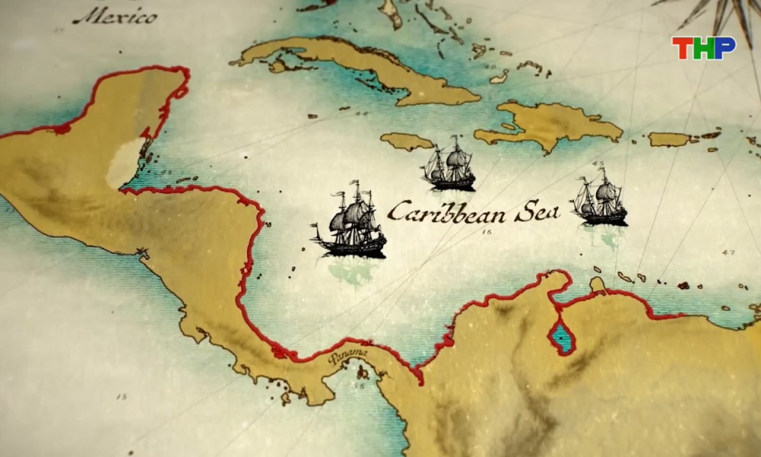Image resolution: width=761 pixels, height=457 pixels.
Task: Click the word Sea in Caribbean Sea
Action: (538, 212)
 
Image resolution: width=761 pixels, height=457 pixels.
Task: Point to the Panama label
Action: (348, 358)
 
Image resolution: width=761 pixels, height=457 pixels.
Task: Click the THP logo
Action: (704, 48)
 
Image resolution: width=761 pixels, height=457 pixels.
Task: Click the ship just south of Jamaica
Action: (450, 164)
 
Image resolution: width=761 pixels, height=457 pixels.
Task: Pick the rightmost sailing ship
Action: (599, 199)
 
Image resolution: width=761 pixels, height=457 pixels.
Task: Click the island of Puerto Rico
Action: (670, 139)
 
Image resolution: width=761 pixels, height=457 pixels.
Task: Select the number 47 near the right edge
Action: (728, 253)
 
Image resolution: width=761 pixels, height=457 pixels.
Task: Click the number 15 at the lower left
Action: (121, 396)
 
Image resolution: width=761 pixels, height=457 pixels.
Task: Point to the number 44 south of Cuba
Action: (362, 114)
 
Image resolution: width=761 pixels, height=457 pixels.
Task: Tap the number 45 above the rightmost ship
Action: (598, 164)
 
